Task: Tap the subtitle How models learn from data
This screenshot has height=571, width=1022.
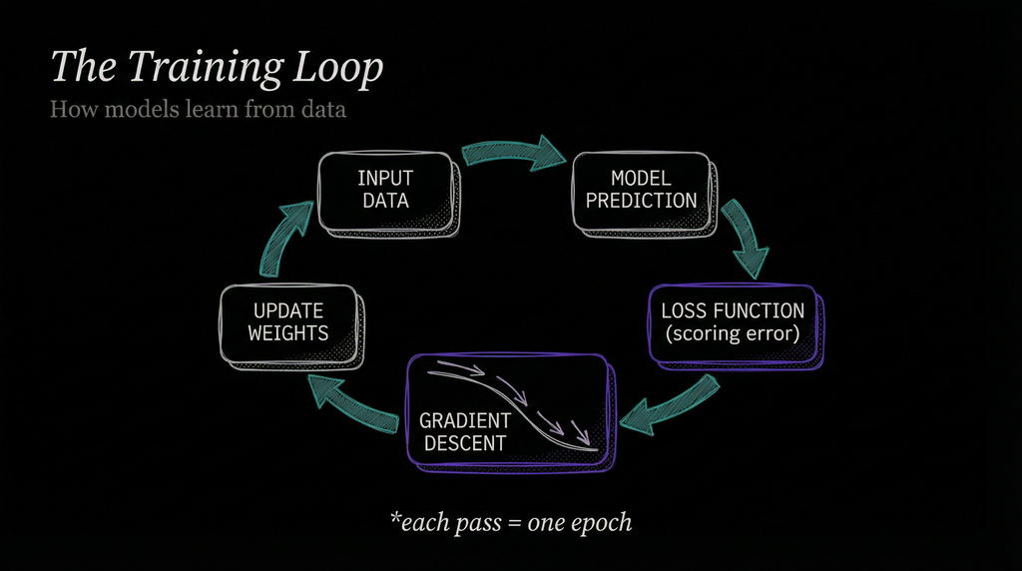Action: pos(198,109)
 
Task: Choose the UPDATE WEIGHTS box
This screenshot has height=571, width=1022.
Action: pos(287,321)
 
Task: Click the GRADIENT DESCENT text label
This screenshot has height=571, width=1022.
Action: pos(465,432)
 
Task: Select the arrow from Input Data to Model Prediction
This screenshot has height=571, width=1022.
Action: pos(512,152)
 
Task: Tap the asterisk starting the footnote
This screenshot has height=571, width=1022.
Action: pos(394,518)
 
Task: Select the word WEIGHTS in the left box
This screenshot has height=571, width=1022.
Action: pos(287,333)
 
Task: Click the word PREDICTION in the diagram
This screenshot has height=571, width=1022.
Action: pos(641,201)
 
